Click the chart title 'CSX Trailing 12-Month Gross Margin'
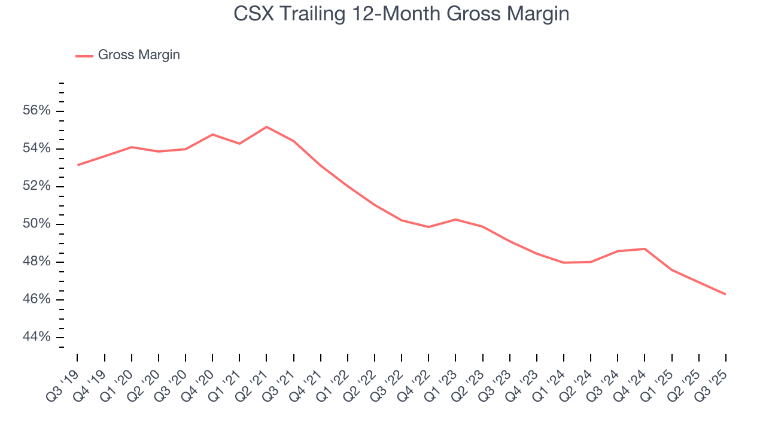tap(401, 13)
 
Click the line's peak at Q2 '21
tap(266, 127)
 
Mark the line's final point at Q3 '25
tap(725, 294)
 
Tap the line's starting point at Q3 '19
tap(78, 165)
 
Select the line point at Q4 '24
tap(645, 248)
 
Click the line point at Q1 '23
tap(455, 219)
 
